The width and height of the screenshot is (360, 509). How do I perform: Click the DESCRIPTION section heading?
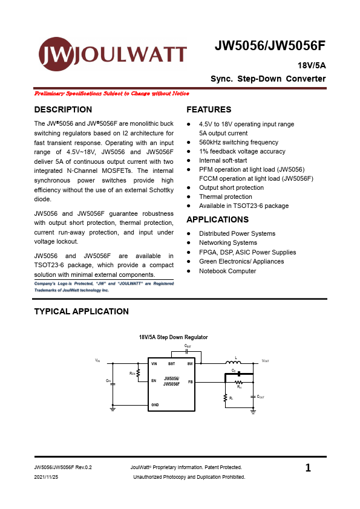(64, 109)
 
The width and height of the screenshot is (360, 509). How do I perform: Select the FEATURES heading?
(209, 109)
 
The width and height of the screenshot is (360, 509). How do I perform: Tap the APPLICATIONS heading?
(218, 219)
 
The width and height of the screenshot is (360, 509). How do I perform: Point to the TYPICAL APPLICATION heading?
(82, 311)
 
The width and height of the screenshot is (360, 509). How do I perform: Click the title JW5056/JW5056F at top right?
(270, 47)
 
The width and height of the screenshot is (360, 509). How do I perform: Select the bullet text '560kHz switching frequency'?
(239, 142)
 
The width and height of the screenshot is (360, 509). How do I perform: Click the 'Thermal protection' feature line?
(226, 196)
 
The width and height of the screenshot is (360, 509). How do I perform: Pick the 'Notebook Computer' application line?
(227, 271)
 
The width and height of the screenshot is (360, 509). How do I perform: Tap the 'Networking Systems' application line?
(228, 243)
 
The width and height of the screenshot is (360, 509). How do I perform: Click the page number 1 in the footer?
(309, 467)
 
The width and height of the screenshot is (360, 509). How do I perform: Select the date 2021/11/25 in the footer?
(47, 477)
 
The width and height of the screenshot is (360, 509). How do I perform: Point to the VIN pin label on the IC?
(154, 364)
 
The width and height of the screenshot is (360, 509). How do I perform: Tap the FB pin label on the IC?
(190, 382)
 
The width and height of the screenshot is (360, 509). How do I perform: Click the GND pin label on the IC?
(155, 403)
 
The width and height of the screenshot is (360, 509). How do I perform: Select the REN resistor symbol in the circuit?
(139, 374)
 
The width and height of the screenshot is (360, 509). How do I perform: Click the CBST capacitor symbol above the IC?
(187, 351)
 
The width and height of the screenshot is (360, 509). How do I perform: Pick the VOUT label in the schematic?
(265, 361)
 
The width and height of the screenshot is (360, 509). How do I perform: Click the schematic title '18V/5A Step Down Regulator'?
(174, 337)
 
